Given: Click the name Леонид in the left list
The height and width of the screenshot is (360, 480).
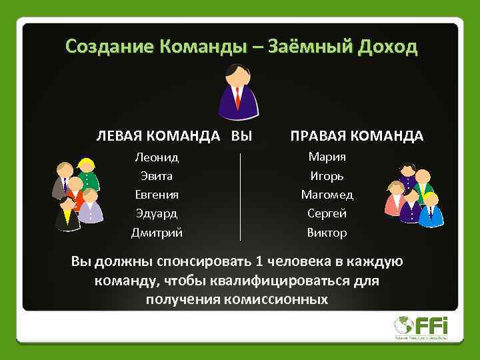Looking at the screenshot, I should pyautogui.click(x=157, y=158).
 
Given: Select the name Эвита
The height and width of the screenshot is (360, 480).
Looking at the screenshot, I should pyautogui.click(x=157, y=177).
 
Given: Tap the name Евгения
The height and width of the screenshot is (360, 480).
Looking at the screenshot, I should pyautogui.click(x=157, y=195).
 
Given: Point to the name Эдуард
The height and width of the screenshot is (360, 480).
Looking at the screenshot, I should pyautogui.click(x=157, y=214).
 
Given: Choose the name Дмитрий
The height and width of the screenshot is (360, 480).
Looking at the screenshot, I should pyautogui.click(x=157, y=233).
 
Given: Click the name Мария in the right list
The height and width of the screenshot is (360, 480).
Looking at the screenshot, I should pyautogui.click(x=327, y=157).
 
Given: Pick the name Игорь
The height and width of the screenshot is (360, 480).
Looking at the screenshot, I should pyautogui.click(x=327, y=177).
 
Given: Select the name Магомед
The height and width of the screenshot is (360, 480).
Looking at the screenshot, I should pyautogui.click(x=327, y=195).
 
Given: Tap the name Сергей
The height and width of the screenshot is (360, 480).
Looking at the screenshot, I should pyautogui.click(x=327, y=214).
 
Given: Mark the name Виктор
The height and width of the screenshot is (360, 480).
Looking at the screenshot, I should pyautogui.click(x=327, y=233).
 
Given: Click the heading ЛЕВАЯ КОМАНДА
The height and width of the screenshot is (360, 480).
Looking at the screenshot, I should pyautogui.click(x=158, y=136).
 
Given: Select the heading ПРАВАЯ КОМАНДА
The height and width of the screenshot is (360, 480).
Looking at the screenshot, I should pyautogui.click(x=356, y=136).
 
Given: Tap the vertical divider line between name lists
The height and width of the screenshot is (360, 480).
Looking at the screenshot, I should pyautogui.click(x=240, y=196).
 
